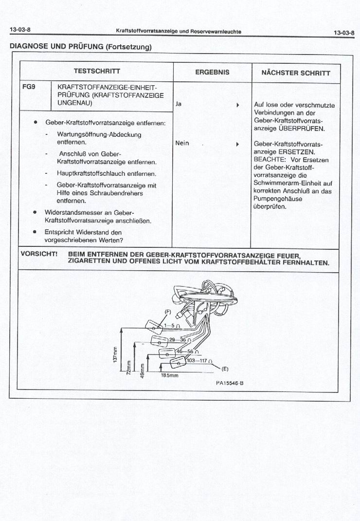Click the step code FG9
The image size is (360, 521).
tap(29, 86)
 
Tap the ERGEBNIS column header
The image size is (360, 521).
tap(212, 72)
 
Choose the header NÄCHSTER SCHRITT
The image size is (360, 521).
tap(296, 73)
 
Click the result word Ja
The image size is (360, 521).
tap(179, 104)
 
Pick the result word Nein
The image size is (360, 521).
tap(182, 143)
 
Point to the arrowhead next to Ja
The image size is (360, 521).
tap(237, 105)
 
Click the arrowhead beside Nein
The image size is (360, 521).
tap(237, 144)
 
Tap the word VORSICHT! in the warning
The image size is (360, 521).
tap(39, 254)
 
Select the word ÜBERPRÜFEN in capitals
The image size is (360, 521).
tap(301, 129)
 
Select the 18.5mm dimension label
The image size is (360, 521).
tap(169, 375)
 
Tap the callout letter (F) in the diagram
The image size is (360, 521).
tap(168, 312)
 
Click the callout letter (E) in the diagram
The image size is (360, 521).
tap(225, 369)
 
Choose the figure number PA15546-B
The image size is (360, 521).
tap(230, 383)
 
